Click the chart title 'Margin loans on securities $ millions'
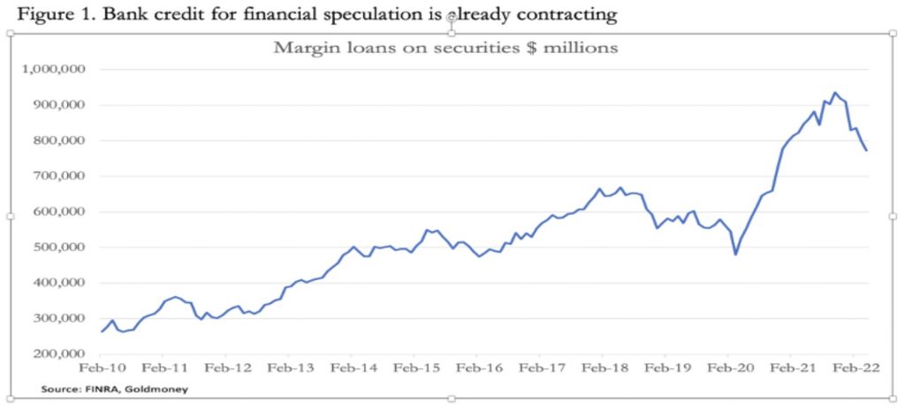(445, 48)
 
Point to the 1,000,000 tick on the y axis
(51, 70)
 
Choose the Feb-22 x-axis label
(854, 368)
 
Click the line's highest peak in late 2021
(834, 92)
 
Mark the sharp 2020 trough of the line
(735, 254)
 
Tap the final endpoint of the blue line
(866, 150)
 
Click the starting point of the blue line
(102, 332)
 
